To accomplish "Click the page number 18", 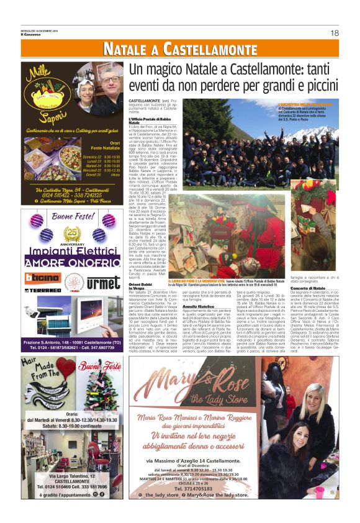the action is (334, 32).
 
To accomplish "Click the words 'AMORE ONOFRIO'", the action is (73, 263).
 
